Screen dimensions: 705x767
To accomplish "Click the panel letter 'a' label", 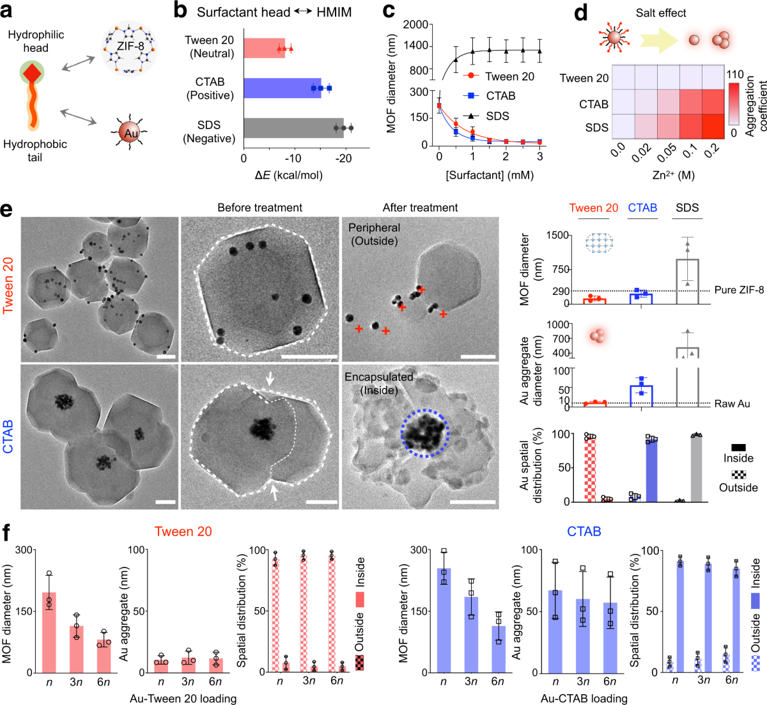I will pyautogui.click(x=9, y=11).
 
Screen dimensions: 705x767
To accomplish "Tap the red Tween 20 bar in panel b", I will pyautogui.click(x=263, y=48).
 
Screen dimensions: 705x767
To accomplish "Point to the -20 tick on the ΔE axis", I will pyautogui.click(x=343, y=158).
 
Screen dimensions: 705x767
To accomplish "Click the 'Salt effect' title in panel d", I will pyautogui.click(x=660, y=13).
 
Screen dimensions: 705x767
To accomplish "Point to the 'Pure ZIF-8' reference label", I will pyautogui.click(x=739, y=290).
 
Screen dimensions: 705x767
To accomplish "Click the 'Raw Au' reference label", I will pyautogui.click(x=732, y=404).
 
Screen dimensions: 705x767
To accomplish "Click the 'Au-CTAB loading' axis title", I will pyautogui.click(x=584, y=698).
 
